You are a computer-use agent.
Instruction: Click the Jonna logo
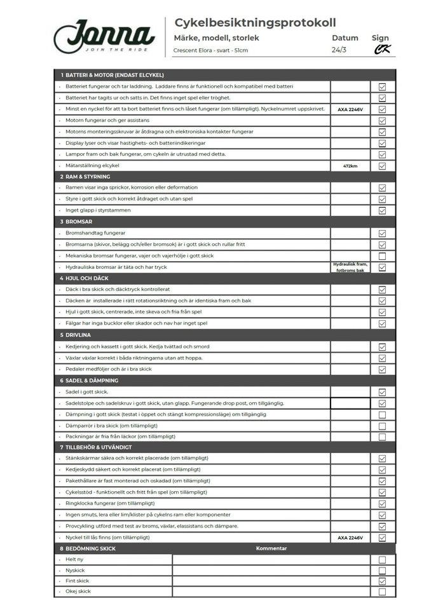pyautogui.click(x=104, y=37)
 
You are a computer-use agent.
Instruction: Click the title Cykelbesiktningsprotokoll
pyautogui.click(x=255, y=23)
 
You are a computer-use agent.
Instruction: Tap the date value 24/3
pyautogui.click(x=340, y=50)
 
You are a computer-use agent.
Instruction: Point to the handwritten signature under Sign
pyautogui.click(x=381, y=49)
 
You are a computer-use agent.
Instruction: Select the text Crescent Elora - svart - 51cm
pyautogui.click(x=210, y=50)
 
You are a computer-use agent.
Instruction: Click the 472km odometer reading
pyautogui.click(x=350, y=166)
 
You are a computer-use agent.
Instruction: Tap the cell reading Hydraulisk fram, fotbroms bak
pyautogui.click(x=350, y=267)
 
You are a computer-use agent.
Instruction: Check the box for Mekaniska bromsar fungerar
pyautogui.click(x=382, y=256)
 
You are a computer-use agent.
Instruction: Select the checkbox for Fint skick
pyautogui.click(x=382, y=581)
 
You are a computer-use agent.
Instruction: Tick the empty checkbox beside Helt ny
pyautogui.click(x=382, y=560)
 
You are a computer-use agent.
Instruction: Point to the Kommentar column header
pyautogui.click(x=271, y=548)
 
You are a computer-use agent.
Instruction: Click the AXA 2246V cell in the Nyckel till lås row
pyautogui.click(x=350, y=538)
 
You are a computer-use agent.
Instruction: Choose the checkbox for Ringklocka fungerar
pyautogui.click(x=382, y=504)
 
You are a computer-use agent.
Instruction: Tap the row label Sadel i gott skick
pyautogui.click(x=86, y=392)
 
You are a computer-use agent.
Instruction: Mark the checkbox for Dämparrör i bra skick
pyautogui.click(x=382, y=426)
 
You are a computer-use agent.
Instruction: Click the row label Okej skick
pyautogui.click(x=78, y=591)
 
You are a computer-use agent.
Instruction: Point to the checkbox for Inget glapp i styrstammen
pyautogui.click(x=382, y=210)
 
